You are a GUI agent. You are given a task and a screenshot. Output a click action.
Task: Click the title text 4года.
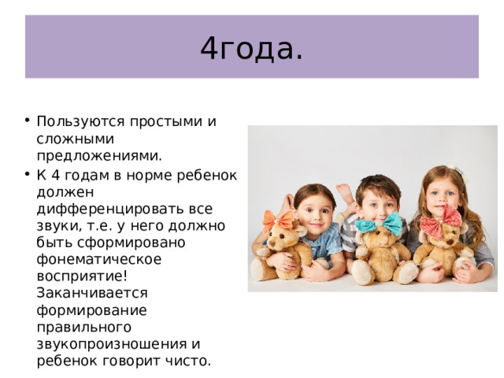point(251,48)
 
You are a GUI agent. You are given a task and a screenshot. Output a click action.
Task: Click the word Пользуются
point(75,121)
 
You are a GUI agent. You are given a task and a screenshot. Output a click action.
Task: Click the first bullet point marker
point(28,121)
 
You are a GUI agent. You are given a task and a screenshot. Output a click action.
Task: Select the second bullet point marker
point(28,173)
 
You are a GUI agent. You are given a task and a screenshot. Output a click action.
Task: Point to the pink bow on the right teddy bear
point(440,221)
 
